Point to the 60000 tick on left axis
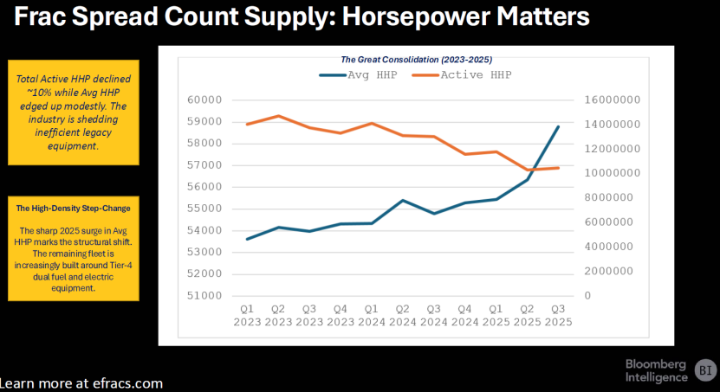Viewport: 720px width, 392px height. click(204, 100)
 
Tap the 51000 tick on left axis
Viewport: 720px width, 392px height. click(204, 296)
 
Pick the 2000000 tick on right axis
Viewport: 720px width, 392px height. click(611, 271)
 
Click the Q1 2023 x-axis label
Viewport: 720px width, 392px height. click(247, 315)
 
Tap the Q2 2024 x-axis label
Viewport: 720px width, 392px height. click(403, 315)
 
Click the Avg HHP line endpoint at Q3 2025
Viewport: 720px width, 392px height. click(558, 126)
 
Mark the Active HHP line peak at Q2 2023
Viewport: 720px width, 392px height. click(278, 116)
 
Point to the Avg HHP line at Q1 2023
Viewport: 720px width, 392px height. click(248, 239)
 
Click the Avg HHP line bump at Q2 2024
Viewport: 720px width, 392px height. click(403, 201)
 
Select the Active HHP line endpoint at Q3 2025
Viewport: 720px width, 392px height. click(558, 168)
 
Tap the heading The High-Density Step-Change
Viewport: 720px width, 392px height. click(73, 208)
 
